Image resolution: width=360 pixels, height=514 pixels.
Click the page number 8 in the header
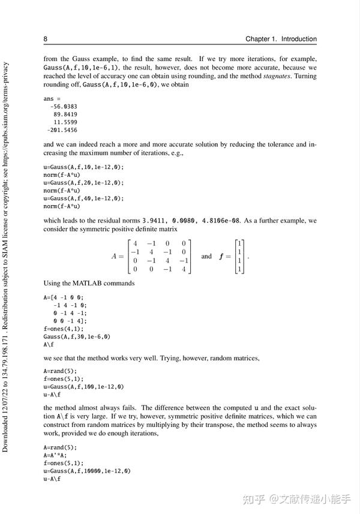(46, 39)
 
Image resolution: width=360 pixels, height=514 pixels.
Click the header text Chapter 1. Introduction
(281, 39)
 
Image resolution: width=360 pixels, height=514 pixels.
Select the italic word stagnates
(277, 77)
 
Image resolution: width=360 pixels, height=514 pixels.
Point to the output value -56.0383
(64, 106)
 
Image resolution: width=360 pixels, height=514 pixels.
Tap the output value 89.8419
(65, 114)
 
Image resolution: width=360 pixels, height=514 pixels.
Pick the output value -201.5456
(62, 130)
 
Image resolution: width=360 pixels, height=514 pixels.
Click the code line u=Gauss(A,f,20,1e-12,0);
(83, 182)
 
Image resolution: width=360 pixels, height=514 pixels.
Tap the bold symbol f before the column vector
(221, 257)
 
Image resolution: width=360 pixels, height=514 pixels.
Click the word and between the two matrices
(206, 256)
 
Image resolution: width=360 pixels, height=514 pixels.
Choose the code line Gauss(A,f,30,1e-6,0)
(77, 336)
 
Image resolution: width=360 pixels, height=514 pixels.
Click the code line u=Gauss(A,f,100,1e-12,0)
(83, 387)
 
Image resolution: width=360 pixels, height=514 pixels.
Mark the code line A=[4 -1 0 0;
(64, 297)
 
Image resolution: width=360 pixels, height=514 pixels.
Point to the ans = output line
(52, 98)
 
